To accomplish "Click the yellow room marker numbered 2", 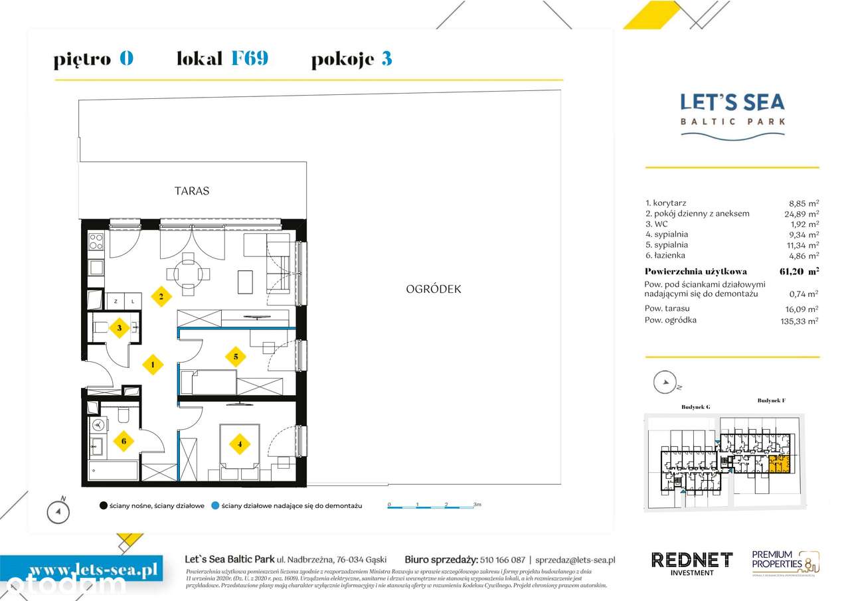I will pyautogui.click(x=161, y=296).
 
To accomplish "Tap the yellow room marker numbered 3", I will pyautogui.click(x=119, y=327).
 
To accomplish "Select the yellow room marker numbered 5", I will pyautogui.click(x=235, y=356).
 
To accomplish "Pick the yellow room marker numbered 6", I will pyautogui.click(x=122, y=441).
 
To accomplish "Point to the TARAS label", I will pyautogui.click(x=192, y=191).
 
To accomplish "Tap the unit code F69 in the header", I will pyautogui.click(x=249, y=58).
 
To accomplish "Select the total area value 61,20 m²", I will pyautogui.click(x=799, y=271).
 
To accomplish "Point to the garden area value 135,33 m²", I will pyautogui.click(x=800, y=321).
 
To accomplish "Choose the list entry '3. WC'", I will pyautogui.click(x=657, y=224).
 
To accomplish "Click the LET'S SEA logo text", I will pyautogui.click(x=732, y=102).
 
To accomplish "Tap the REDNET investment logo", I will pyautogui.click(x=691, y=562).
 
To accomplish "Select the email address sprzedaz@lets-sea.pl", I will pyautogui.click(x=575, y=560).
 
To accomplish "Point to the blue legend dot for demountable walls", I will pyautogui.click(x=215, y=506).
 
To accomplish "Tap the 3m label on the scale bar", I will pyautogui.click(x=477, y=505).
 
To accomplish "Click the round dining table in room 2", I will pyautogui.click(x=189, y=273).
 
